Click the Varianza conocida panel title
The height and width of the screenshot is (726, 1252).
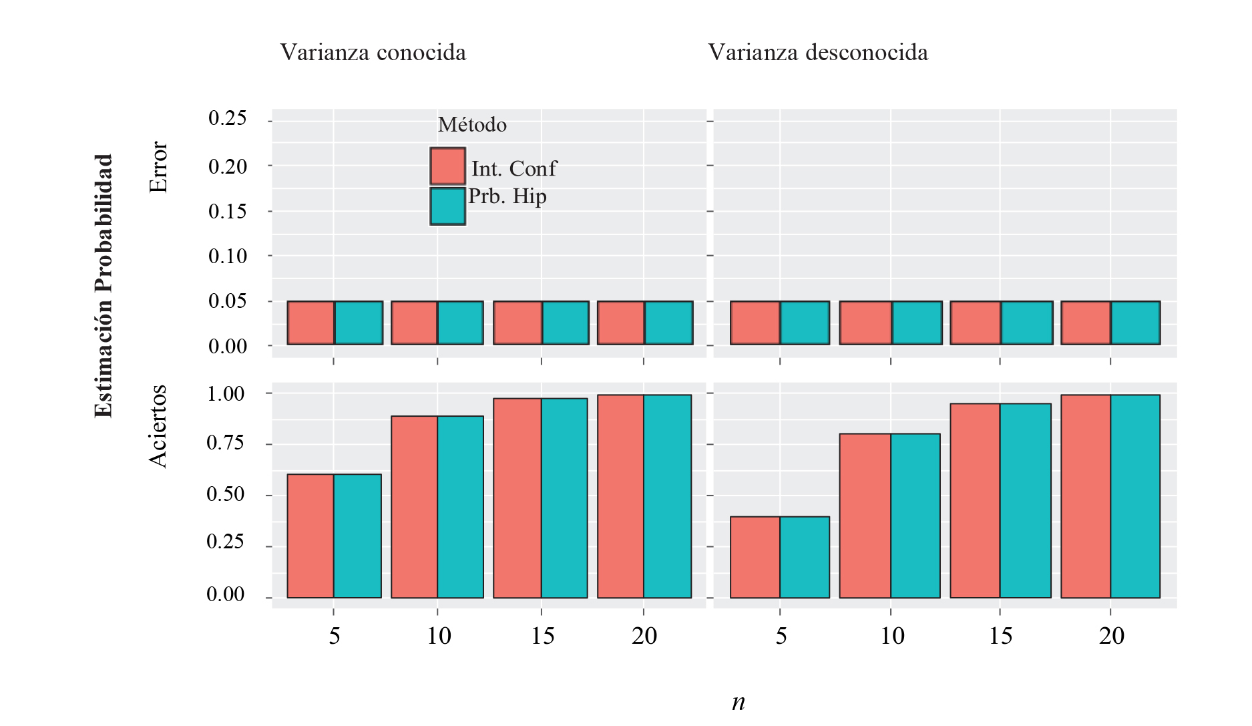(x=373, y=52)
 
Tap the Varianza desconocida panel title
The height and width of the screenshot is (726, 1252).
(x=817, y=52)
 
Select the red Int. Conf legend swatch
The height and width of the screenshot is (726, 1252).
(x=447, y=166)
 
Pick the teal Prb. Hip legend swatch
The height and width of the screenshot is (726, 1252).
(x=447, y=206)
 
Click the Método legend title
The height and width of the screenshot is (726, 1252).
(x=472, y=125)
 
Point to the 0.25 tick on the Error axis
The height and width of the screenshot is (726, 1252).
(x=228, y=118)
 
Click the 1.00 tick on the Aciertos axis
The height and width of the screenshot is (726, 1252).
(x=226, y=393)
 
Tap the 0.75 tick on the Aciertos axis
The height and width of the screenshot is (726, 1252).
(x=226, y=443)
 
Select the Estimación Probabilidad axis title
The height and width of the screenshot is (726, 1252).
(x=103, y=286)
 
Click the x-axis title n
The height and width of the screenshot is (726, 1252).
(x=738, y=702)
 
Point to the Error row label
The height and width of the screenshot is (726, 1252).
(x=158, y=167)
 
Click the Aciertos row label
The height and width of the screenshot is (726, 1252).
(x=158, y=426)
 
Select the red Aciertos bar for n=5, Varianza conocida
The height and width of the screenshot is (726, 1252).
(x=310, y=536)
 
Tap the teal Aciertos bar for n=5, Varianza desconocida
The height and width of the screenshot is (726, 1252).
(x=805, y=557)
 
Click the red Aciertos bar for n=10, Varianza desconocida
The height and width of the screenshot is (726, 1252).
(x=865, y=516)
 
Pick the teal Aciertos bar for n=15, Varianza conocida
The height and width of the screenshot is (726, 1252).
(x=564, y=498)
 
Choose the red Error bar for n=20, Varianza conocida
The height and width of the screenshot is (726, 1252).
(x=620, y=323)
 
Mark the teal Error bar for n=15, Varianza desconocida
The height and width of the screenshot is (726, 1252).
(x=1026, y=323)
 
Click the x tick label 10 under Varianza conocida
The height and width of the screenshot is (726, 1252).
(x=439, y=636)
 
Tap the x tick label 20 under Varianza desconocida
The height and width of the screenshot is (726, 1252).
(x=1111, y=636)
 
